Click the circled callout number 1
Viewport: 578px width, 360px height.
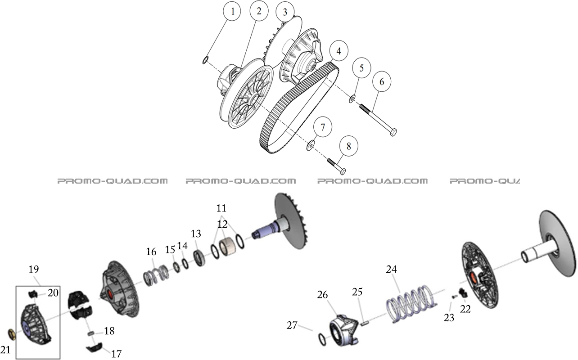coord(232,12)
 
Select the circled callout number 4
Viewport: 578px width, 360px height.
coord(339,51)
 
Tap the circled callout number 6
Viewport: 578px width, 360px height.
coord(382,82)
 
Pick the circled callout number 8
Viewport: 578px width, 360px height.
coord(348,146)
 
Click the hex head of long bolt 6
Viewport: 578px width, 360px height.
coord(393,132)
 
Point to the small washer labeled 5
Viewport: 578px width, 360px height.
coord(352,99)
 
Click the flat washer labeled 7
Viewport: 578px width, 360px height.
coord(311,145)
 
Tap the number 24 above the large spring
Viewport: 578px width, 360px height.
coord(391,270)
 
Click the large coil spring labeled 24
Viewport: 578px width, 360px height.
coord(411,303)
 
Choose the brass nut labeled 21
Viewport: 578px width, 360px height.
coord(12,334)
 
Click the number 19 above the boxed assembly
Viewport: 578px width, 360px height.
coord(34,270)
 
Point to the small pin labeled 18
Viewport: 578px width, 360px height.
coord(90,333)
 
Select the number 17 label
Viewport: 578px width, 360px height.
coord(116,354)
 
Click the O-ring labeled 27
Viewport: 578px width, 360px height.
coord(322,340)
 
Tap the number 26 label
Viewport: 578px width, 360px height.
coord(322,295)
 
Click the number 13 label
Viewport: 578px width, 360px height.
coord(196,234)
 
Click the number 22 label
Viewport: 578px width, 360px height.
coord(465,309)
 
